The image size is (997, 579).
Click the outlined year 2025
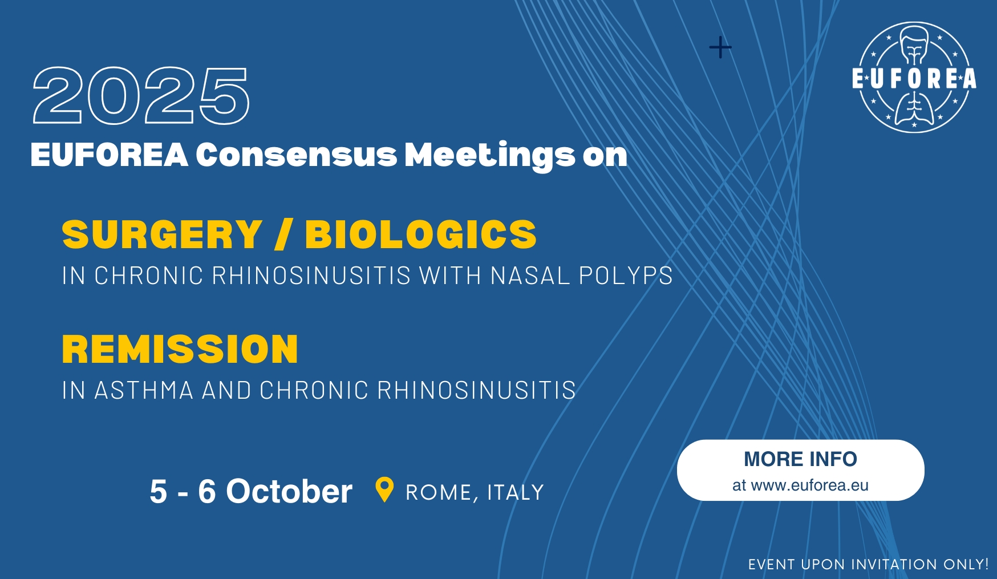click(141, 95)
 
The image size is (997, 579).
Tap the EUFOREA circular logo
click(914, 78)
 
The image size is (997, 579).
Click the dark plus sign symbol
click(720, 47)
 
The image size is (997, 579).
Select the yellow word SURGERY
click(162, 234)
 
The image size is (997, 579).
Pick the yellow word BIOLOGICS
click(421, 234)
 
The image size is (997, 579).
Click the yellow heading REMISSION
click(180, 349)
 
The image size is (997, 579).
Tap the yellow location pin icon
click(384, 489)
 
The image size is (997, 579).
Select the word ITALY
click(516, 492)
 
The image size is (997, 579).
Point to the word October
click(289, 491)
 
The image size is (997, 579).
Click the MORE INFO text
click(800, 459)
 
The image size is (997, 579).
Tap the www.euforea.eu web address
click(810, 485)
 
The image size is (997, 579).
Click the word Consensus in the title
click(296, 155)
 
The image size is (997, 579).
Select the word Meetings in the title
click(490, 156)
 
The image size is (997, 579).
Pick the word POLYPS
click(626, 276)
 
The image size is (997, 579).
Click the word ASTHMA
click(144, 391)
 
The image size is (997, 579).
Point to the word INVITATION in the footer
click(894, 565)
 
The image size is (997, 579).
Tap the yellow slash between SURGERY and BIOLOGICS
click(283, 234)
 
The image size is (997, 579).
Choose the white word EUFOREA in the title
click(109, 155)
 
